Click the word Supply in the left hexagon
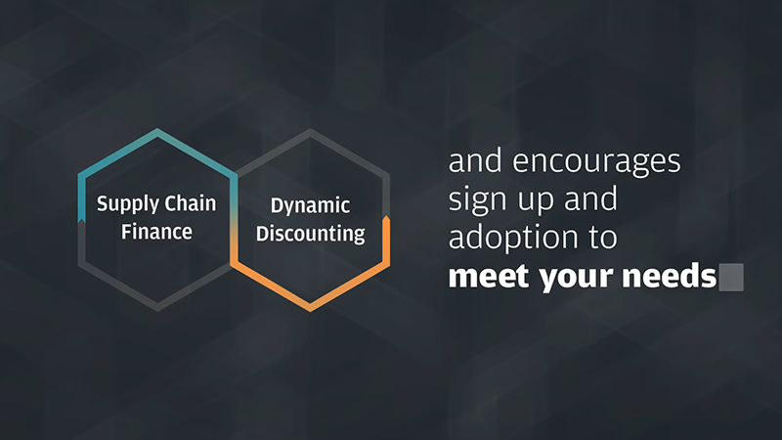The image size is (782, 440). click(128, 204)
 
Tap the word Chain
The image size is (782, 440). click(191, 203)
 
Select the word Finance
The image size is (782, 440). click(156, 232)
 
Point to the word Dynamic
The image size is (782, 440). click(310, 206)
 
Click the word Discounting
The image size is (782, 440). click(310, 234)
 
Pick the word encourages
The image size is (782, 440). click(596, 162)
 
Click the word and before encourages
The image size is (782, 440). click(475, 160)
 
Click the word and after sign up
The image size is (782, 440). click(590, 198)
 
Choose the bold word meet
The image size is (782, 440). click(488, 276)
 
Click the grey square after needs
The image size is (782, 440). click(731, 278)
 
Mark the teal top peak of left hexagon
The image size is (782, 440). click(157, 131)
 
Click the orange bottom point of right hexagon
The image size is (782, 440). click(310, 308)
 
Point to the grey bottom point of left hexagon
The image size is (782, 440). click(157, 308)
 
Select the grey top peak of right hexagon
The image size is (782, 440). click(310, 132)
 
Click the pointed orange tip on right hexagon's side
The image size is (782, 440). click(386, 218)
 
